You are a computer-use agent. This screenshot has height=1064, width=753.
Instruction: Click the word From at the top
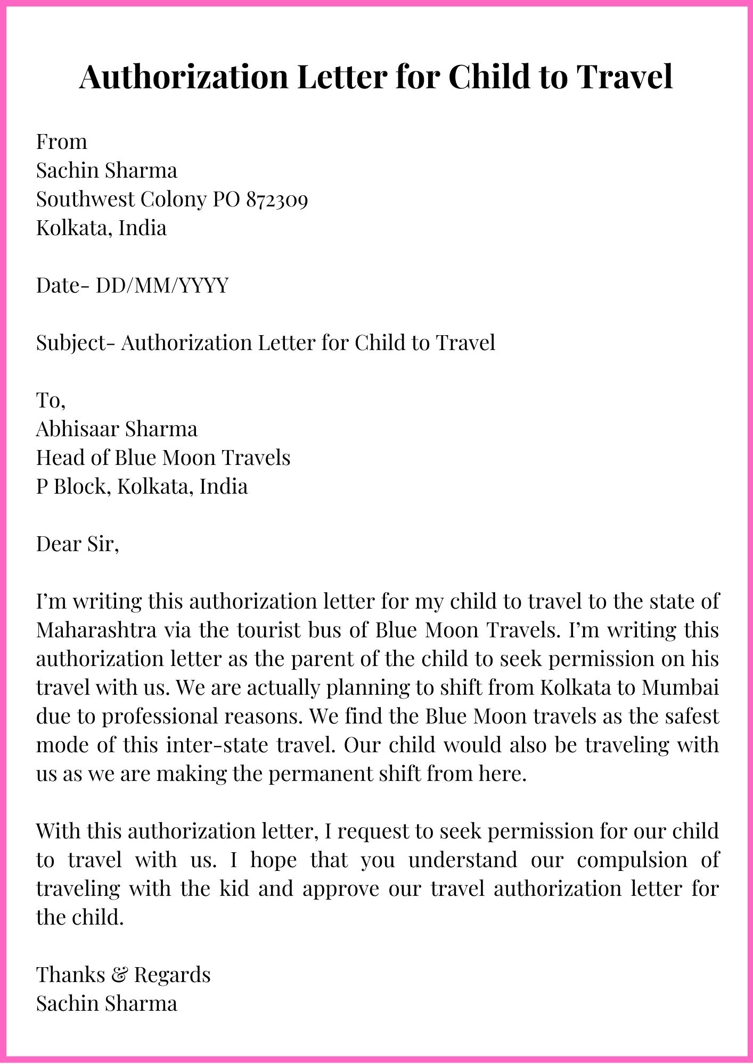click(61, 142)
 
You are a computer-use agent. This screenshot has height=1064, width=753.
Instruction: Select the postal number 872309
click(277, 199)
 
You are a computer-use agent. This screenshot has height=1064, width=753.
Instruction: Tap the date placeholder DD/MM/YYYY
click(162, 286)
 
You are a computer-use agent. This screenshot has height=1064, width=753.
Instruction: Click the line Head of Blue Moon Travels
click(163, 458)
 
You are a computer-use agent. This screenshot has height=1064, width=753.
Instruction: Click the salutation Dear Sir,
click(77, 544)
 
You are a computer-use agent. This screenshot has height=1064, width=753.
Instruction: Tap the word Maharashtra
click(96, 630)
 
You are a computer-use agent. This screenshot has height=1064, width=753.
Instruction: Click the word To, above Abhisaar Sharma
click(51, 400)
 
